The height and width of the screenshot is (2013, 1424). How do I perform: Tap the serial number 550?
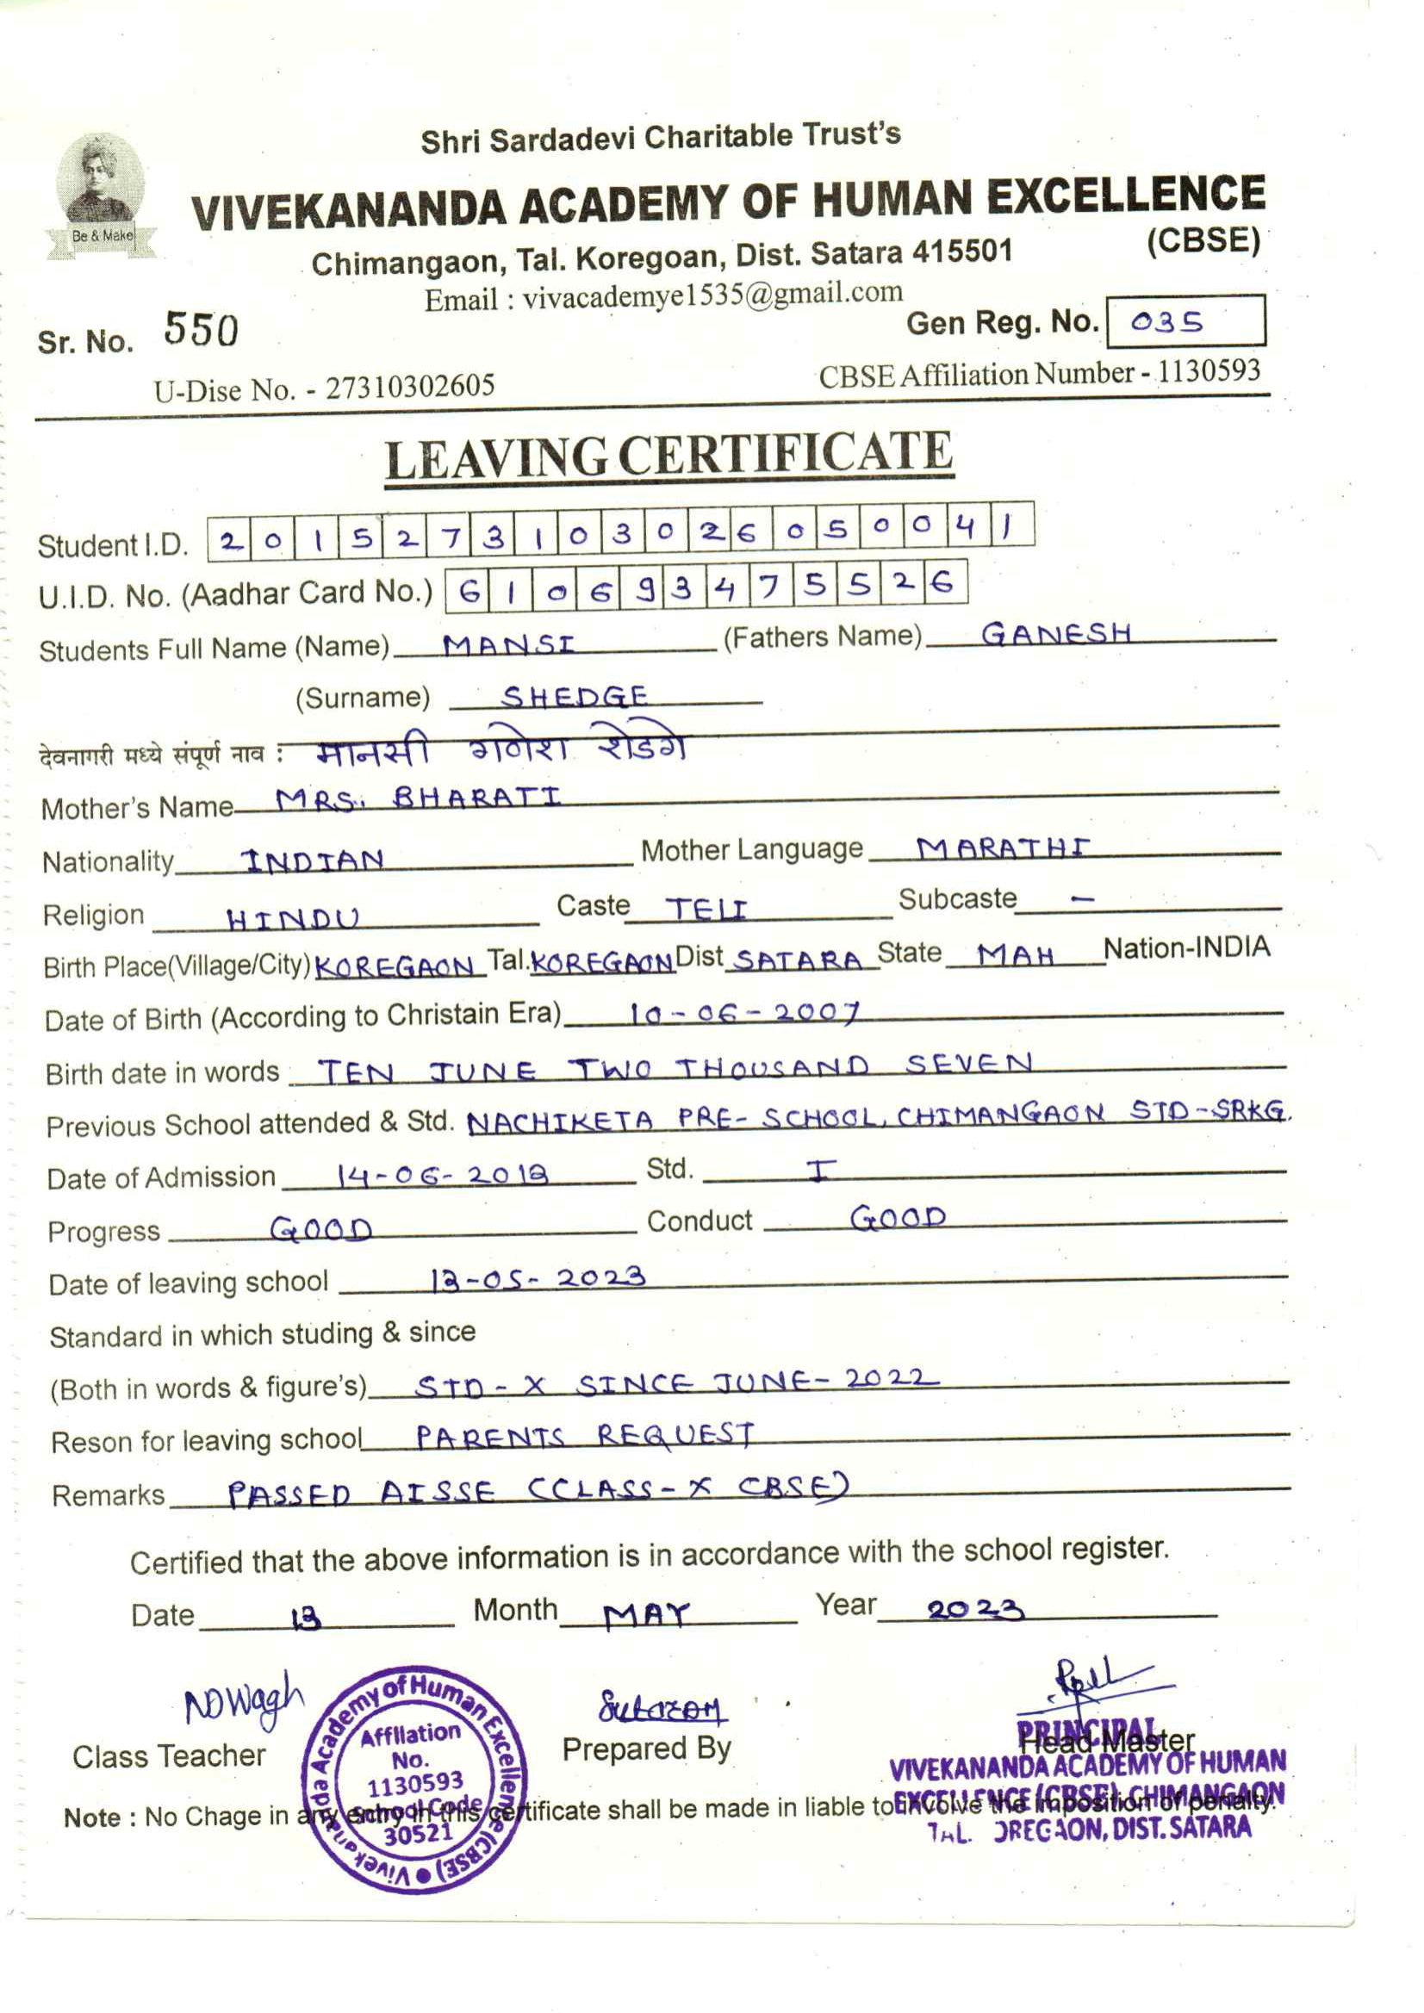coord(201,331)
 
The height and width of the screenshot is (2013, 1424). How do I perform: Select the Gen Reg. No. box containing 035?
coord(1185,321)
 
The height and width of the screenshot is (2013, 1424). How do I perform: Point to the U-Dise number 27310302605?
coord(410,387)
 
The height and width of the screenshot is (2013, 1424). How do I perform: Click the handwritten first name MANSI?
coord(508,646)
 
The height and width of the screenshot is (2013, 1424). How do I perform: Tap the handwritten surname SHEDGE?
coord(575,697)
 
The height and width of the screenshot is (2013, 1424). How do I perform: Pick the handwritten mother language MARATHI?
coord(1003,848)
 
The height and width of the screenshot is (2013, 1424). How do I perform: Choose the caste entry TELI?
coord(706,908)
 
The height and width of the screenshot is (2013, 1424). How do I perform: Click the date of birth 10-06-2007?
coord(744,1014)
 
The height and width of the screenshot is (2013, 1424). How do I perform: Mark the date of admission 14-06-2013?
coord(444,1176)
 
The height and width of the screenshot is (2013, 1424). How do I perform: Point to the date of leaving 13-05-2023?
coord(538,1279)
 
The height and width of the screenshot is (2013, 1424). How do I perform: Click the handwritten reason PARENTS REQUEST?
coord(584,1436)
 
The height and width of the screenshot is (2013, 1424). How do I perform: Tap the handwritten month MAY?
coord(647,1614)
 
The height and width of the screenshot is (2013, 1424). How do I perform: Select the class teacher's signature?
coord(243,1703)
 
